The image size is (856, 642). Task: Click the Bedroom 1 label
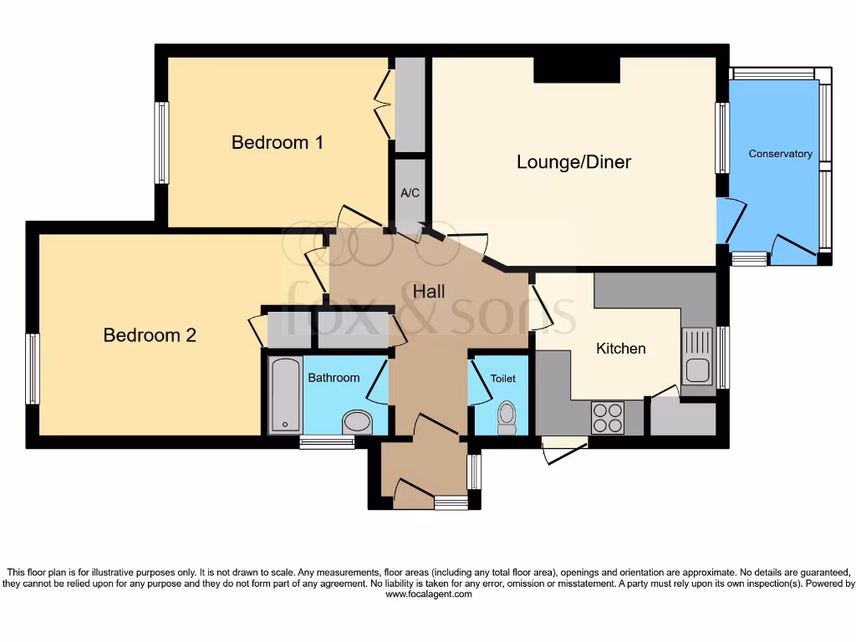(278, 142)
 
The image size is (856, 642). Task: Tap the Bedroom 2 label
(150, 335)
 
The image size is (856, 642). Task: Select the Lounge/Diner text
(573, 161)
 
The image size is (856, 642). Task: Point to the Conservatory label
(780, 154)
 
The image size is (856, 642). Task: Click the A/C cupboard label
(410, 193)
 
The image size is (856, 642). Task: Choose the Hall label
(429, 292)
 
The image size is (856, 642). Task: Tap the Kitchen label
(620, 348)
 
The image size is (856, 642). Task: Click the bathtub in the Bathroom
(285, 395)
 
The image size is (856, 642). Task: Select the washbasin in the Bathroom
(358, 421)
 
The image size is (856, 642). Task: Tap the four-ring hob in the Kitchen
(608, 417)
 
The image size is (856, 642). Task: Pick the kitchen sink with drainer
(697, 355)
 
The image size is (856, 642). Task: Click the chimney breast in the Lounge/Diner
(577, 69)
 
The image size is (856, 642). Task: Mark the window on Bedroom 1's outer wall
(161, 142)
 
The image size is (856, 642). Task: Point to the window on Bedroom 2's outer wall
(33, 369)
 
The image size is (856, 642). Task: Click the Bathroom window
(327, 442)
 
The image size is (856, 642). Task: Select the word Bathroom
(334, 378)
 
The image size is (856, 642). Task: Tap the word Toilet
(503, 379)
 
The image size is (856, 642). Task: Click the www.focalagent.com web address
(429, 594)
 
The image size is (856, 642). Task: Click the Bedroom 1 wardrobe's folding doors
(385, 104)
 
